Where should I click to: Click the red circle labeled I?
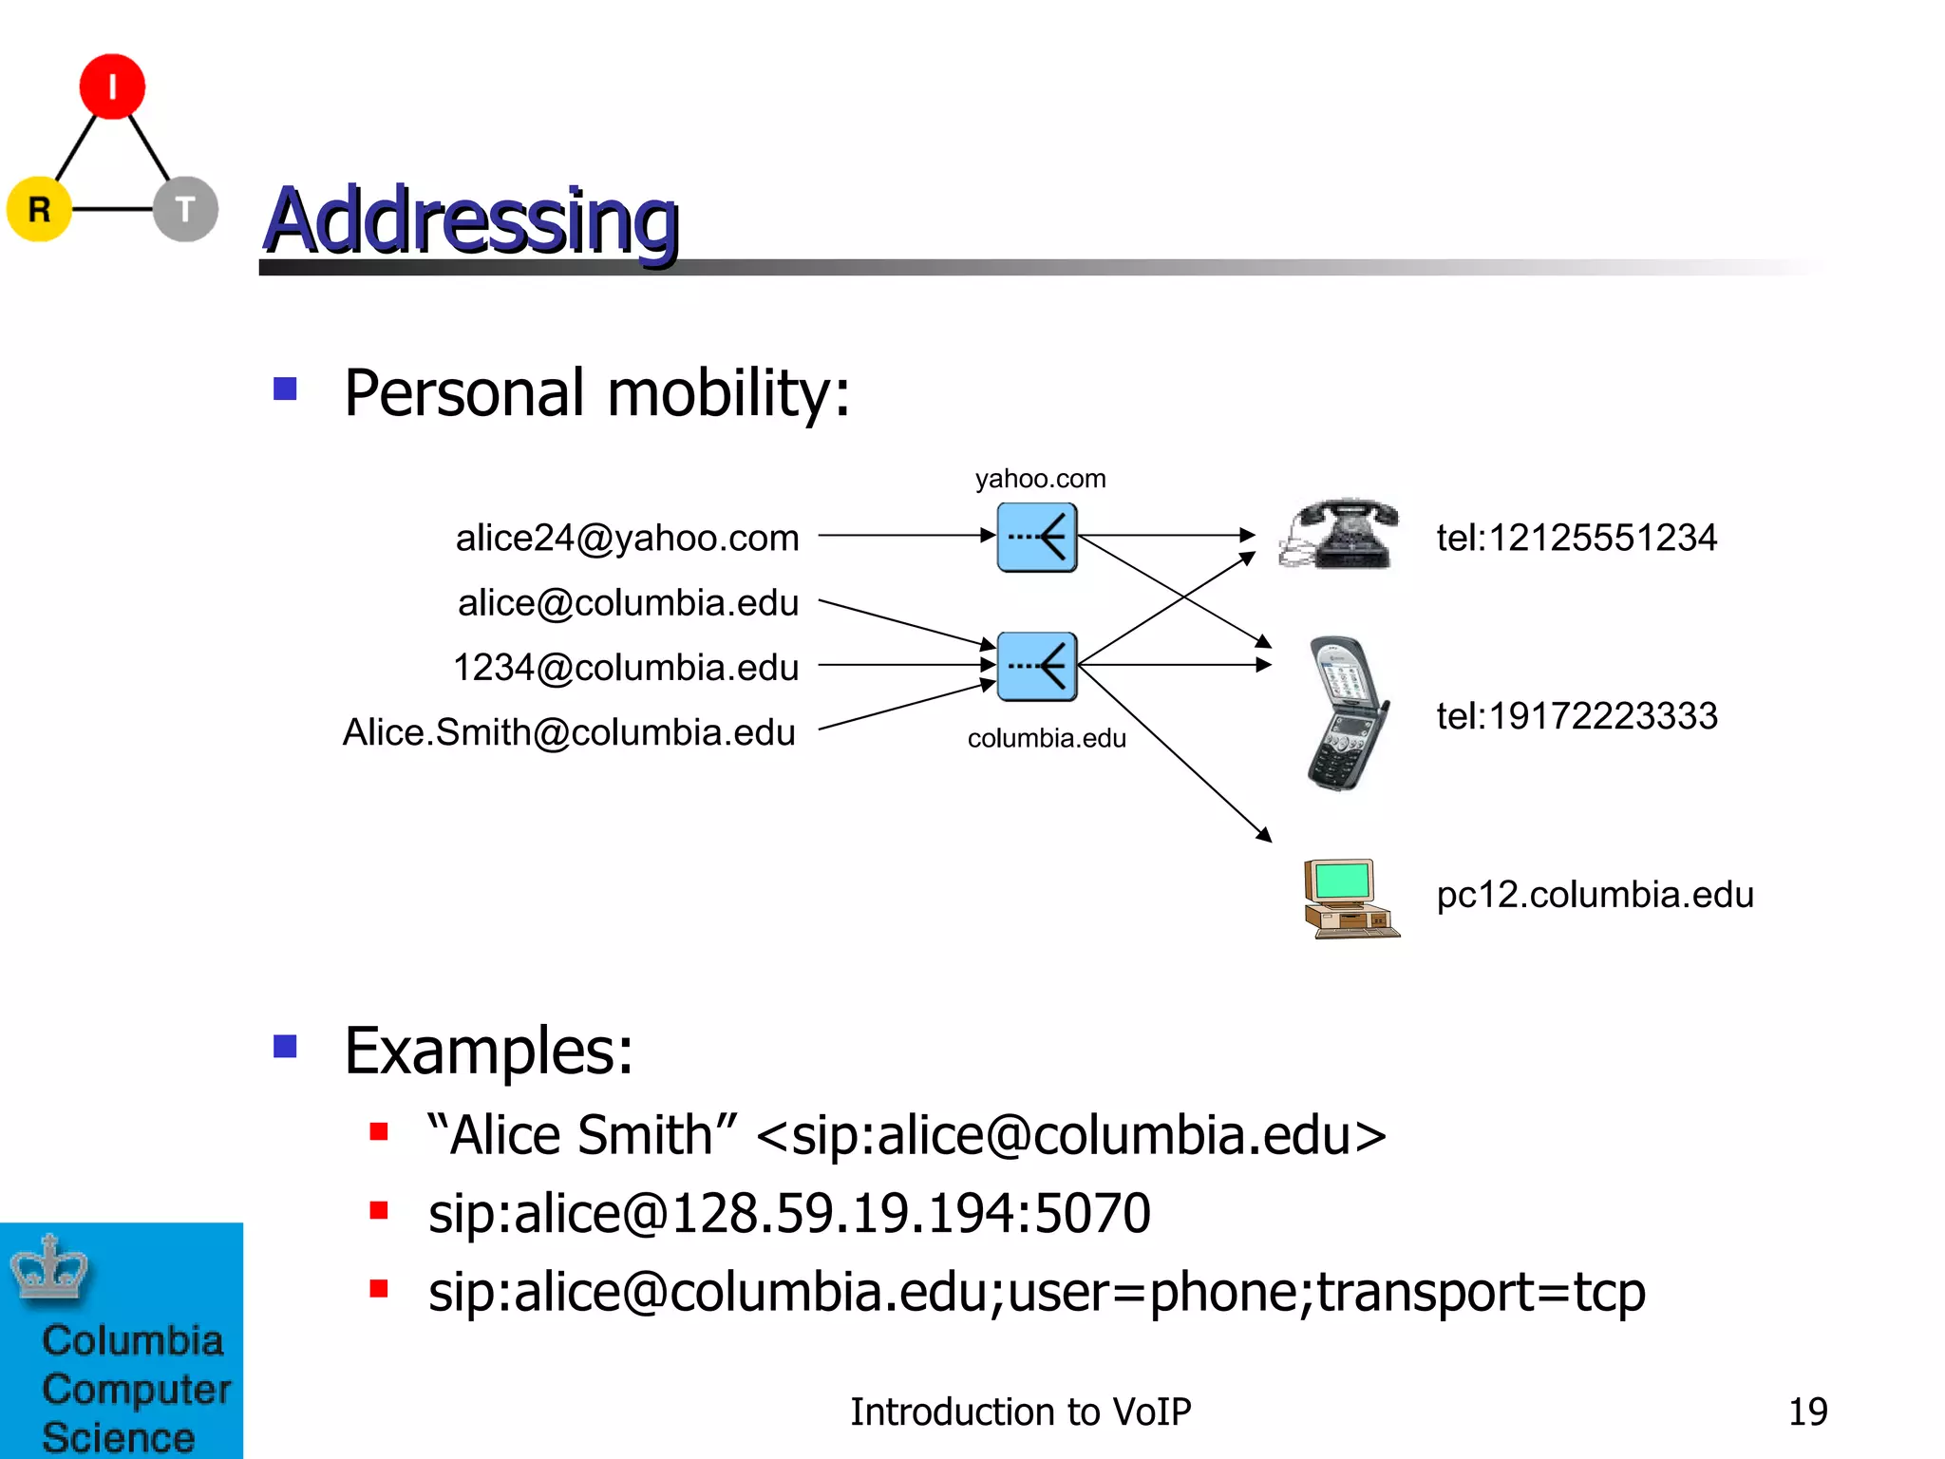tap(112, 86)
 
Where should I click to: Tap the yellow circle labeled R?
tap(39, 209)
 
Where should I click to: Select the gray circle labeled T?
tap(186, 209)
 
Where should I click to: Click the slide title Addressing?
tap(470, 220)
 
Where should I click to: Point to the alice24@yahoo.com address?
tap(627, 538)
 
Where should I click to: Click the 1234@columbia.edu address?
tap(626, 667)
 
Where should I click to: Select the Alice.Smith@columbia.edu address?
tap(569, 732)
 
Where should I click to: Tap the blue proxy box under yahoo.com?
tap(1037, 538)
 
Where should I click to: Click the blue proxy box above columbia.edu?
tap(1037, 667)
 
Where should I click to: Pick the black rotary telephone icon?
tap(1340, 534)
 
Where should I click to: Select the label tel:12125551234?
tap(1577, 538)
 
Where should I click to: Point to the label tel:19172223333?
tap(1577, 715)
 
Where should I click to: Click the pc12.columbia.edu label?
tap(1595, 895)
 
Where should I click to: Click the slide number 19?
tap(1807, 1412)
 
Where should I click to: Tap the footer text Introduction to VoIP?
tap(1020, 1412)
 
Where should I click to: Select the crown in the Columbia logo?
tap(48, 1267)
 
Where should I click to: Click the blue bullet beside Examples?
tap(285, 1046)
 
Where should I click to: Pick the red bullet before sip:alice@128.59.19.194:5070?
tap(379, 1210)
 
